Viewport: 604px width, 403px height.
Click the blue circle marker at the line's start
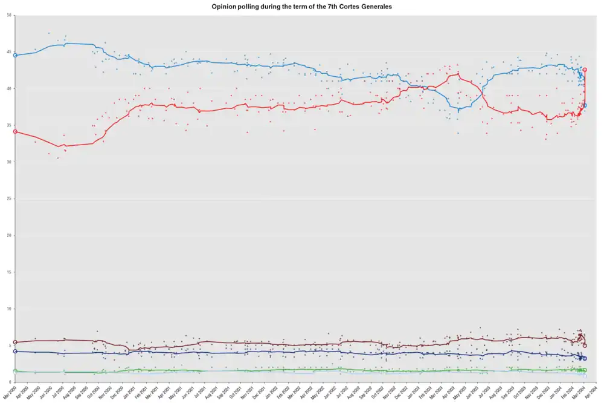(15, 55)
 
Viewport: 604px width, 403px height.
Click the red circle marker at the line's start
(15, 131)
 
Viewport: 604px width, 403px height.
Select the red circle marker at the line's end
(585, 70)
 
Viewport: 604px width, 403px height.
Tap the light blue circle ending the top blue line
(585, 105)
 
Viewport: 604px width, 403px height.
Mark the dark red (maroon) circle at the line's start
(15, 342)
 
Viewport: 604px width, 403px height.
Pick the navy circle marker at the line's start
(15, 351)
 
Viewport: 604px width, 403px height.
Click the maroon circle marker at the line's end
(585, 346)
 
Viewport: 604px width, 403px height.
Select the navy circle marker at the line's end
(585, 358)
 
